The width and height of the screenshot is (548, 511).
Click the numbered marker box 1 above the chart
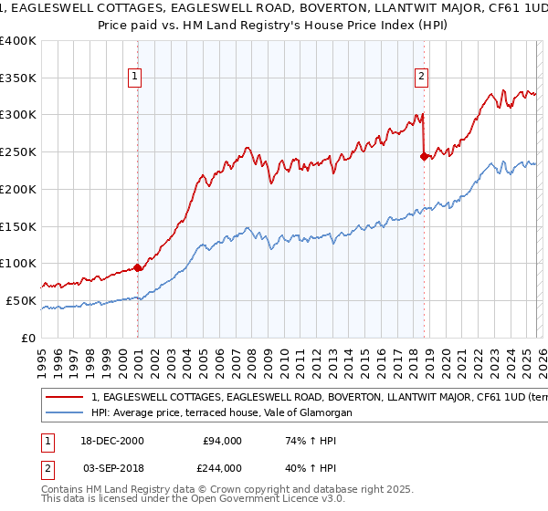point(134,78)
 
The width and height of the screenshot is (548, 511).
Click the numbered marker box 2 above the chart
point(422,78)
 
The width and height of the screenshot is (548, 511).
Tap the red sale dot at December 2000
point(138,267)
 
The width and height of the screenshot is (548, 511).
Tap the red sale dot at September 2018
point(424,156)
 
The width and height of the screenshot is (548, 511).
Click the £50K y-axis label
point(21,300)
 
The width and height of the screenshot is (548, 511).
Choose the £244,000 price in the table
point(223,467)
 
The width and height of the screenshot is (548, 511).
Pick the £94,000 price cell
point(223,441)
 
